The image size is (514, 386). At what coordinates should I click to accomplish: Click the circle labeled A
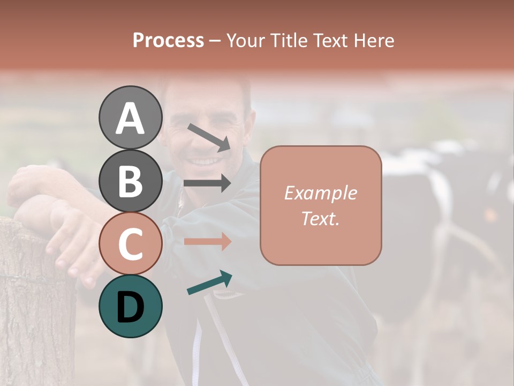[x=130, y=117]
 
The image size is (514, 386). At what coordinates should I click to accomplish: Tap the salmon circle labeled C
[x=130, y=243]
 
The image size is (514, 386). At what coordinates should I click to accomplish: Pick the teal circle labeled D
[x=130, y=306]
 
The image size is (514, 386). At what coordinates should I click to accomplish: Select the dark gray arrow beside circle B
[x=207, y=183]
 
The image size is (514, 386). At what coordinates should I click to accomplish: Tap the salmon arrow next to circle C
[x=207, y=242]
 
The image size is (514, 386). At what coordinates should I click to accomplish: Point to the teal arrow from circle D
[x=209, y=283]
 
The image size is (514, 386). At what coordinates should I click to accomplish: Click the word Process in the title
[x=168, y=41]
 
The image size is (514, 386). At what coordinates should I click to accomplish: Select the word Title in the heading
[x=289, y=41]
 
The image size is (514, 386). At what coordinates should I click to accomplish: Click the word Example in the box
[x=320, y=193]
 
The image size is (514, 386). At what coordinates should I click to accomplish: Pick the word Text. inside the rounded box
[x=320, y=218]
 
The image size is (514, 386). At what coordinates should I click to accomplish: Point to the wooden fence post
[x=32, y=300]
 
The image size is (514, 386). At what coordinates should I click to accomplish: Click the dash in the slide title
[x=215, y=41]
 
